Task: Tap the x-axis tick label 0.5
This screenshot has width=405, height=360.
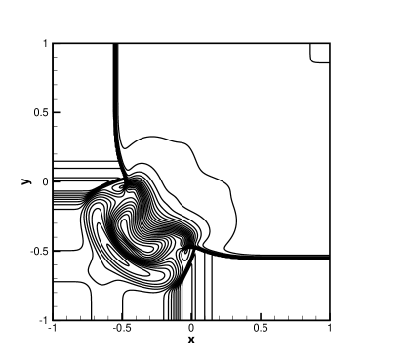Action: coord(261,328)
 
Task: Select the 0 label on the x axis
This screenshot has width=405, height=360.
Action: coord(191,328)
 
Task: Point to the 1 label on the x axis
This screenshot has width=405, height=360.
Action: coord(330,328)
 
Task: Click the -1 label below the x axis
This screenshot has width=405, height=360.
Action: coord(52,328)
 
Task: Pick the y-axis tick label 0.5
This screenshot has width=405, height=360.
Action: coord(40,112)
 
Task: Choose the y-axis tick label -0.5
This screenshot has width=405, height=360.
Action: coord(38,251)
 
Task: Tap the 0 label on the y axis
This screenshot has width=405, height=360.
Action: coord(45,181)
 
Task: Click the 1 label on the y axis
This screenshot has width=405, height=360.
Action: coord(45,43)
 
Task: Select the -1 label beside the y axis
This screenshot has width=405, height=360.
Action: coord(43,320)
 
